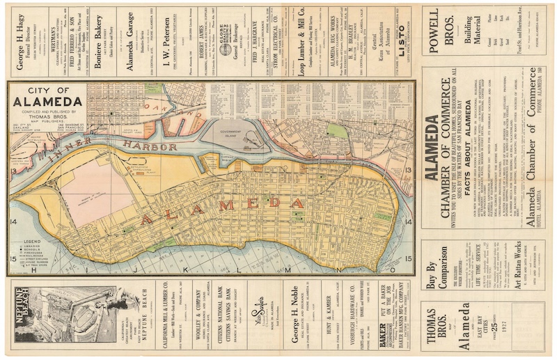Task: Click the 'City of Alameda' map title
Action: coord(47,97)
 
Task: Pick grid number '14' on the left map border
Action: coord(13,222)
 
